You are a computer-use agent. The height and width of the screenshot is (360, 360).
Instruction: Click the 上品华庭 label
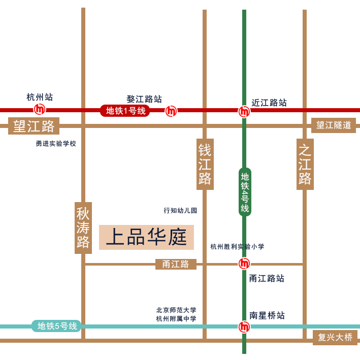(147, 238)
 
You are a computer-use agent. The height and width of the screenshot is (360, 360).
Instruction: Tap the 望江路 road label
(34, 125)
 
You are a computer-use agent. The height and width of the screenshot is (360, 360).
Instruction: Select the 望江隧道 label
(334, 125)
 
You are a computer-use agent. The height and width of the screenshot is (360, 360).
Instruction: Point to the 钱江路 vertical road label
(205, 164)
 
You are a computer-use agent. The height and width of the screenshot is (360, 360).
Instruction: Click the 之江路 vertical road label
(305, 164)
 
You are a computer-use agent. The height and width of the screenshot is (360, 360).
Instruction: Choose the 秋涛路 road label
(83, 227)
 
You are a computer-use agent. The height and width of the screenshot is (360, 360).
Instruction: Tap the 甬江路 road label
(176, 264)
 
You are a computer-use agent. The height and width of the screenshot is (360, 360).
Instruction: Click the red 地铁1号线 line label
(125, 111)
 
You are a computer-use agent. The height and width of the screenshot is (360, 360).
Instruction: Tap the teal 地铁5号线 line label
(57, 326)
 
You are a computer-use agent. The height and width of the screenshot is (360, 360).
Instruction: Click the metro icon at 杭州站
(40, 109)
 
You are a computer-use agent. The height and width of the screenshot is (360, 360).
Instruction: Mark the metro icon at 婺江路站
(172, 110)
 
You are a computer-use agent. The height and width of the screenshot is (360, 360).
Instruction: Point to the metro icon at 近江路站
(244, 111)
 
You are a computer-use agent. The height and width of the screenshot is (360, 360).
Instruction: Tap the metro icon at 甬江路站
(244, 264)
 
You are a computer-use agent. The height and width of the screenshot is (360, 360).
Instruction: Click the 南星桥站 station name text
(267, 315)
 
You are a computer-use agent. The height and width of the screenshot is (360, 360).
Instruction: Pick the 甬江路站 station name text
(267, 278)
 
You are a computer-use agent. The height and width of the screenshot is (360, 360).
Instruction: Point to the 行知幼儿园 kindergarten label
(180, 210)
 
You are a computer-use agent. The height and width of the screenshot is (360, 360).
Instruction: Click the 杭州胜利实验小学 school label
(237, 247)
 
